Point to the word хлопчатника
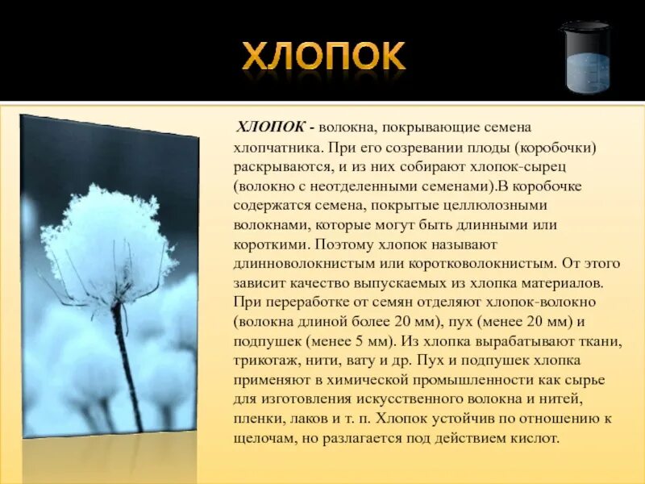pyautogui.click(x=273, y=148)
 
